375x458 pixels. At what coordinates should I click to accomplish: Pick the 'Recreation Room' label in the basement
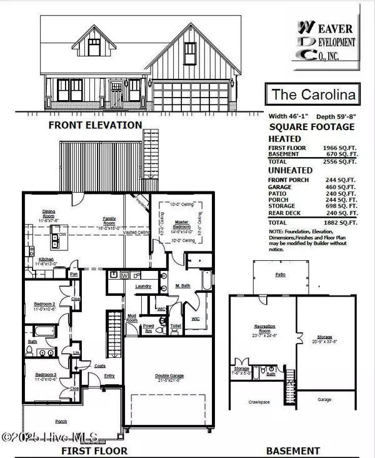(261, 328)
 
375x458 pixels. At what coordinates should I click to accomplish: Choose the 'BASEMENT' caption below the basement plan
(292, 450)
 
